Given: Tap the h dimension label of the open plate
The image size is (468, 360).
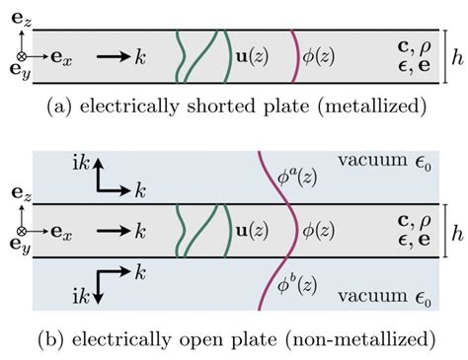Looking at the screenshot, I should point(454,234).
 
